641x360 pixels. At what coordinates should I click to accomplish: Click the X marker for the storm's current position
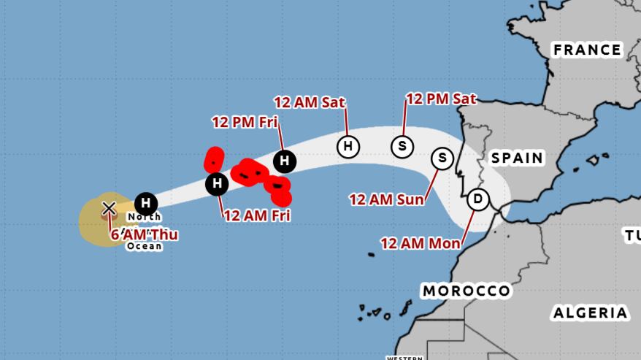[x=109, y=208]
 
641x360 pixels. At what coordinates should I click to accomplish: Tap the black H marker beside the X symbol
[x=146, y=203]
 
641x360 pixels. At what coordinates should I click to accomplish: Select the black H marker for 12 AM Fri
[x=217, y=184]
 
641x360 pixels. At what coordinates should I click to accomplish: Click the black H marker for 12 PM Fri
[x=285, y=161]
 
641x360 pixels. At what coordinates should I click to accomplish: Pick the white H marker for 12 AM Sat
[x=348, y=146]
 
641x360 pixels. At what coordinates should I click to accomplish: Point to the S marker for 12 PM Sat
[x=402, y=146]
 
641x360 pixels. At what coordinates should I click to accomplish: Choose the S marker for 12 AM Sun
[x=442, y=158]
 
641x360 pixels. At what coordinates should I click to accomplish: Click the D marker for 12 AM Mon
[x=478, y=199]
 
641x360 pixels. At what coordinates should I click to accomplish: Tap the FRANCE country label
[x=587, y=50]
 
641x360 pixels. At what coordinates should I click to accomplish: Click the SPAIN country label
[x=517, y=158]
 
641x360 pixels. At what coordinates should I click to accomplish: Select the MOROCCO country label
[x=466, y=291]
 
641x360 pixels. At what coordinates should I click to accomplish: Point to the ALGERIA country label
[x=590, y=313]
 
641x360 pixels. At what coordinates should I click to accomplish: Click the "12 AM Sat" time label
[x=310, y=102]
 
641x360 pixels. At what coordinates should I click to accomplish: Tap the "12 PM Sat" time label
[x=441, y=99]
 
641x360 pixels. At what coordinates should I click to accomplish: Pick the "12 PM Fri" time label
[x=245, y=122]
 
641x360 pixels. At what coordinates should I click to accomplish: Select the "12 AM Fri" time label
[x=257, y=215]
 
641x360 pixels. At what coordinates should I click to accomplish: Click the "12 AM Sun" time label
[x=386, y=199]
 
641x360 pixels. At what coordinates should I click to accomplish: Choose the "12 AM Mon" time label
[x=421, y=243]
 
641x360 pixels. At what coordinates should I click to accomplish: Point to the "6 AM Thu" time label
[x=145, y=234]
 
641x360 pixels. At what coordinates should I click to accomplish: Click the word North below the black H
[x=144, y=217]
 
